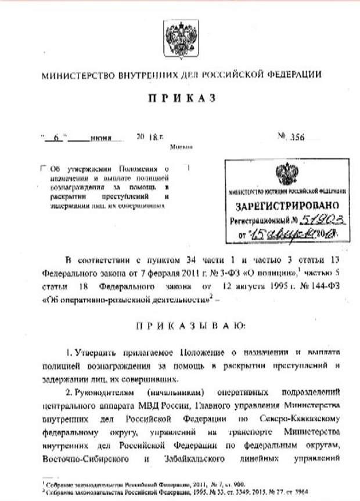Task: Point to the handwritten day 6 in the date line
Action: [x=56, y=140]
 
